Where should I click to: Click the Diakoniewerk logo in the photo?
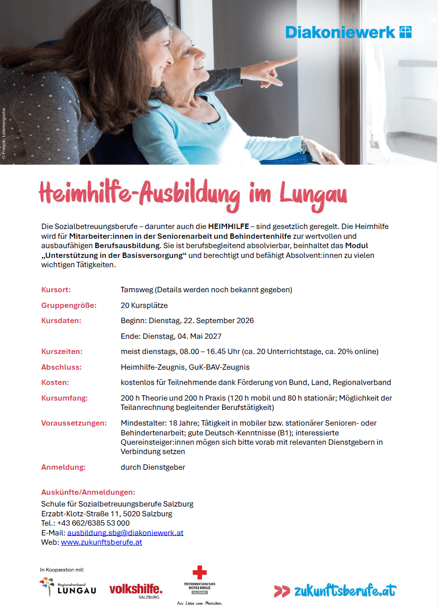(348, 32)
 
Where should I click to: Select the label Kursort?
(56, 290)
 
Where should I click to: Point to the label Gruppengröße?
(69, 305)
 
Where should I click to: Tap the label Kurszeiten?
(62, 352)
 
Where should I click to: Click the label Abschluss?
(61, 367)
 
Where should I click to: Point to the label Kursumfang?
(64, 398)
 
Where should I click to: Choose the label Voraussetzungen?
(74, 423)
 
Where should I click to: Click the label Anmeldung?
(63, 467)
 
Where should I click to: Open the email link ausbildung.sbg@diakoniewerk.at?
(125, 532)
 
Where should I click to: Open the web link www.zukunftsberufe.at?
(102, 542)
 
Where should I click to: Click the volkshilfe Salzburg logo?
(136, 590)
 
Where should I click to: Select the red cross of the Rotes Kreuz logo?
(200, 572)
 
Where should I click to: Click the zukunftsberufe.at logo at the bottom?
(335, 590)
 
